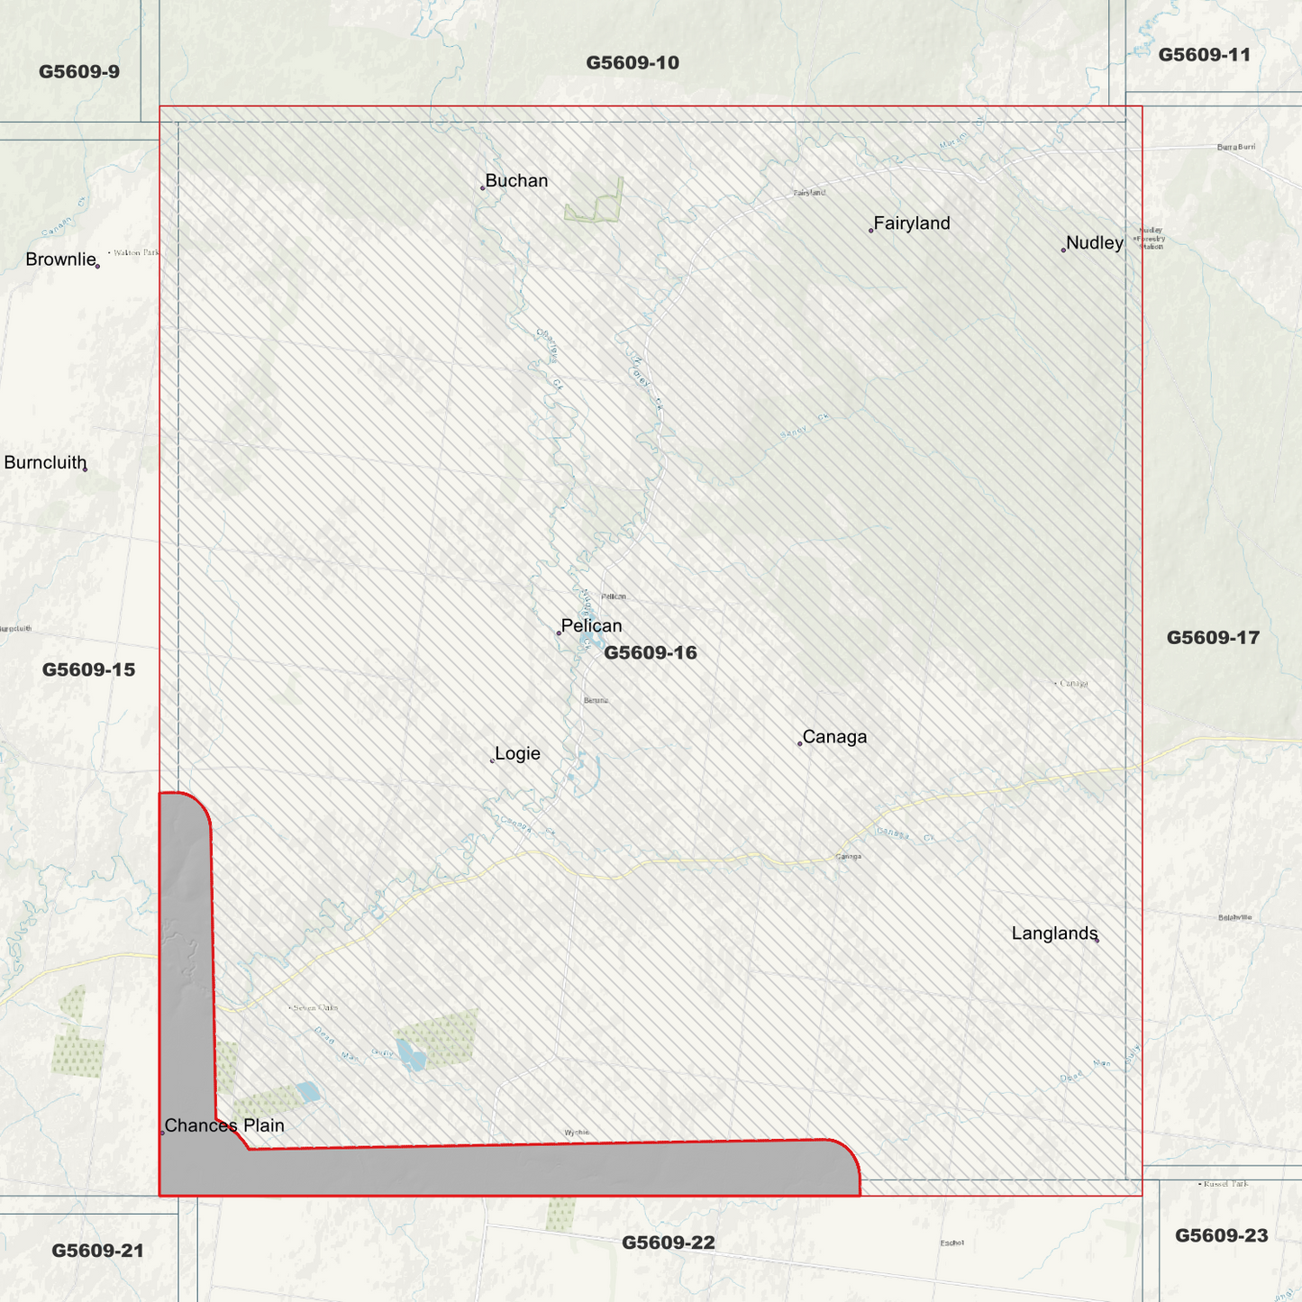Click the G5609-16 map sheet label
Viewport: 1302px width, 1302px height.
(x=650, y=652)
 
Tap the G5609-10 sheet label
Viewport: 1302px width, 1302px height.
(x=633, y=63)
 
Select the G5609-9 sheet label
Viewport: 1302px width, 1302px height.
(x=79, y=72)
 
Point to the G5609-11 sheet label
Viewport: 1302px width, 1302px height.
(x=1204, y=55)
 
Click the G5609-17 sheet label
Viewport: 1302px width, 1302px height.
(x=1212, y=638)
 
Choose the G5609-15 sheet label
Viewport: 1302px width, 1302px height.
(x=88, y=669)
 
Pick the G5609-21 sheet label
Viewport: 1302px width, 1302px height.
(x=97, y=1251)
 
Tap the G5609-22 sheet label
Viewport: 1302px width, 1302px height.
(x=668, y=1243)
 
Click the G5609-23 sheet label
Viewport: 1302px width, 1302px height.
(x=1221, y=1235)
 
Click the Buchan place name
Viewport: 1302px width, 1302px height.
(x=516, y=181)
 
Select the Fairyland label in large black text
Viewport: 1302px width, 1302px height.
(x=912, y=223)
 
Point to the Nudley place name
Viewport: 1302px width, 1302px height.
(x=1094, y=243)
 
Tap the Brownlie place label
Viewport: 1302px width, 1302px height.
(x=60, y=259)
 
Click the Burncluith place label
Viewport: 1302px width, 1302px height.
(x=45, y=463)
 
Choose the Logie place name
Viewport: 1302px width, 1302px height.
(x=517, y=754)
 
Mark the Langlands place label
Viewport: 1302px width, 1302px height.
(x=1054, y=933)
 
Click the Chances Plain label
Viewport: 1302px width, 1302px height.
(x=224, y=1125)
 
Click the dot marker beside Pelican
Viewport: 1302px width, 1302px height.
(x=559, y=633)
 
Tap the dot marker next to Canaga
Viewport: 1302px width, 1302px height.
(x=800, y=743)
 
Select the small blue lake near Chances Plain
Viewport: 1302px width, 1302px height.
(x=307, y=1092)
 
